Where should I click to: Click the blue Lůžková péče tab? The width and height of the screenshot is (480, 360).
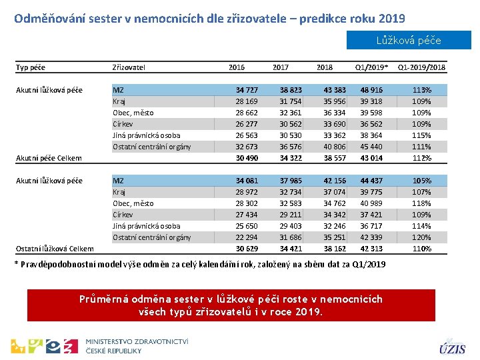(408, 40)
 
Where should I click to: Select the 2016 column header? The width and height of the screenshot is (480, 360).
(236, 67)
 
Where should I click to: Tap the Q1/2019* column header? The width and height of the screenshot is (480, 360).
(371, 67)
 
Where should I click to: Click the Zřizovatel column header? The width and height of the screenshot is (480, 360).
(129, 67)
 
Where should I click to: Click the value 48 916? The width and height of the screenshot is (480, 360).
(371, 90)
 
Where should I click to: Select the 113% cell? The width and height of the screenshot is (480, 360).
(421, 90)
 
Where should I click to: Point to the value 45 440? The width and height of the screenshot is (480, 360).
(371, 147)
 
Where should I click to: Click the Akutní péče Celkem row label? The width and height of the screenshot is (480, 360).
(49, 159)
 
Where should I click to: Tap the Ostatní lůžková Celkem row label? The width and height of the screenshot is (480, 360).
(54, 249)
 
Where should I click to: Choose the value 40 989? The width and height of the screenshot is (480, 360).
(371, 203)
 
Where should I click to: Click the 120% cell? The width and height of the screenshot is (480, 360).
(421, 237)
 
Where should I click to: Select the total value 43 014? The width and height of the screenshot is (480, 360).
(371, 158)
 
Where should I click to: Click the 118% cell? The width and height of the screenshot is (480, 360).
(421, 203)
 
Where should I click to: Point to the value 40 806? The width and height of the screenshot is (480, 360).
(335, 147)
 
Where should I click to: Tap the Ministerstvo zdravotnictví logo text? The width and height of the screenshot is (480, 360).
(137, 345)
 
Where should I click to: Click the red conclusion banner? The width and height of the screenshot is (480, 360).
(231, 305)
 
